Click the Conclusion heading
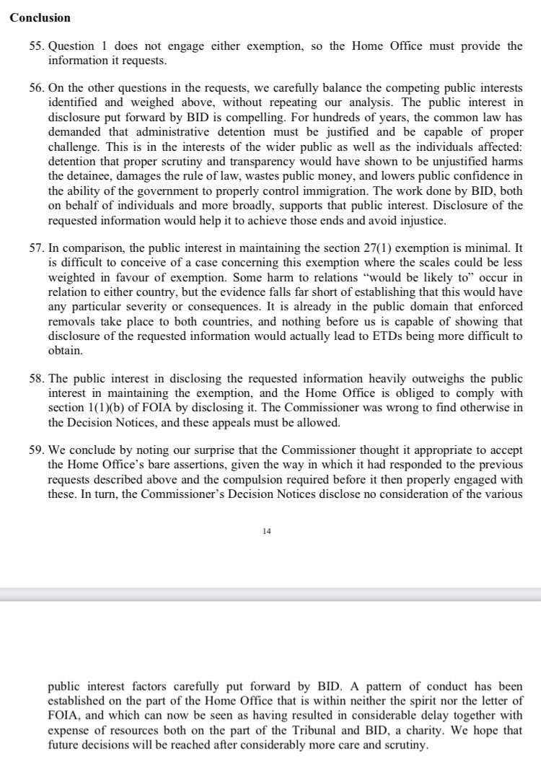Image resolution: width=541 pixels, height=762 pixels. (40, 18)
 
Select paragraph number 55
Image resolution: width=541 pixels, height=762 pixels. (36, 46)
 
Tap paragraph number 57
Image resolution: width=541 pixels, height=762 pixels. (36, 248)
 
